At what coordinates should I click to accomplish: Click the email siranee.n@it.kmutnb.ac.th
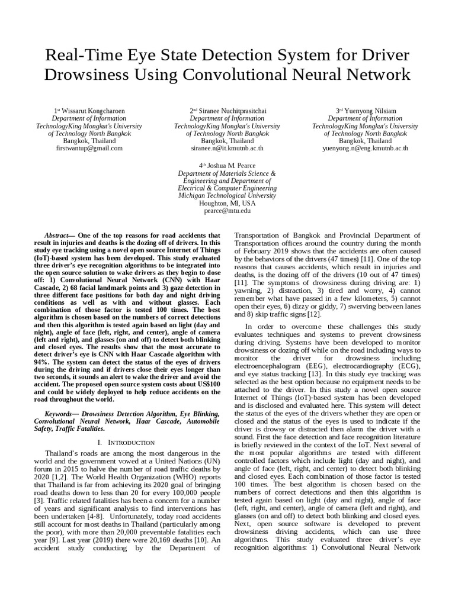(x=227, y=149)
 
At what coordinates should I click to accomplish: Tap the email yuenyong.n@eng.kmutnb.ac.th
(x=365, y=149)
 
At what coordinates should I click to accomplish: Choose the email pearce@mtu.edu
(x=227, y=210)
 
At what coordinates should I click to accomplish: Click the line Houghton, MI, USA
(x=227, y=202)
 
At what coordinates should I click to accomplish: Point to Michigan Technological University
(x=227, y=195)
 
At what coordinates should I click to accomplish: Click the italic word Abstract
(x=59, y=235)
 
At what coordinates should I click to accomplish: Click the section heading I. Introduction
(x=127, y=442)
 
